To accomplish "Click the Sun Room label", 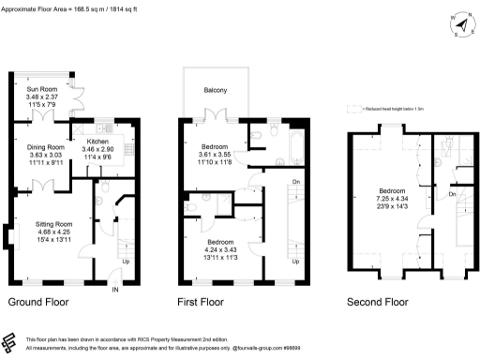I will coord(39,90).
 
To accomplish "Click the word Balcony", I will coord(217,90).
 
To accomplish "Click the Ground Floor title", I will coord(38,303).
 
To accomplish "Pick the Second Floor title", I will coord(377,303).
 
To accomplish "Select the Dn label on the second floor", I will coord(451,194).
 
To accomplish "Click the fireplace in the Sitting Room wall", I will coord(8,238).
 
